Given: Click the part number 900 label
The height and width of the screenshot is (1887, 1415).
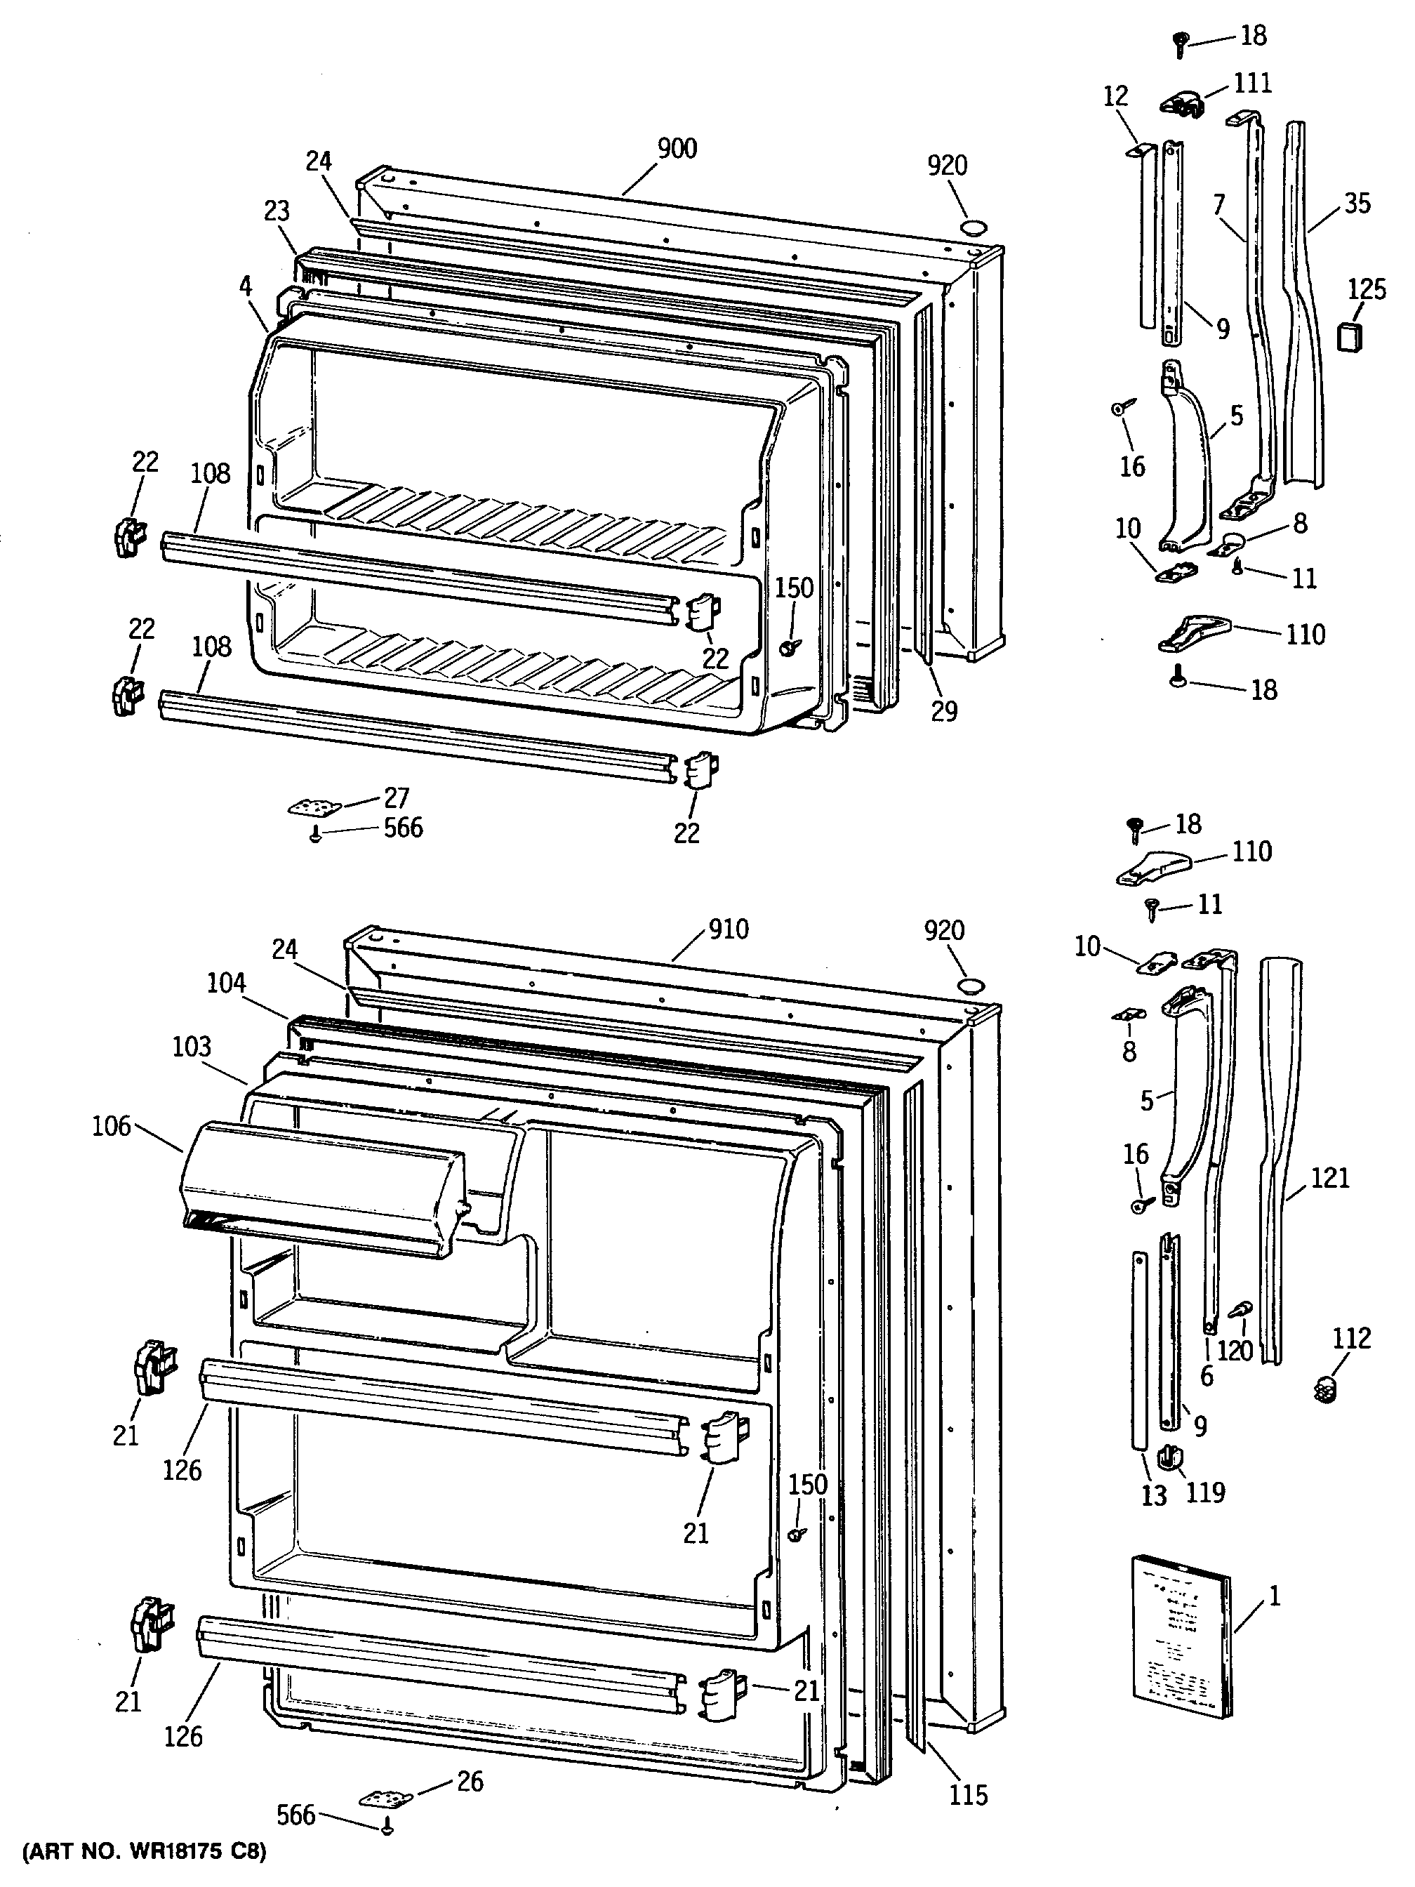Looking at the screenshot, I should (x=677, y=148).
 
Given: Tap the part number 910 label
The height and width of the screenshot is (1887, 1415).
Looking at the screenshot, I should (x=728, y=929).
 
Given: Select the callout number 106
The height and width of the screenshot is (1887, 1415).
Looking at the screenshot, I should (x=112, y=1126).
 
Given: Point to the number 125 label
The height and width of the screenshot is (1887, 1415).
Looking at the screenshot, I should (x=1367, y=289).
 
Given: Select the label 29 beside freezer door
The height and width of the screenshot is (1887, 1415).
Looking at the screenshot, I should (x=943, y=710).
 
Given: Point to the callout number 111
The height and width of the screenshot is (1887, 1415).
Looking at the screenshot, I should (x=1252, y=83).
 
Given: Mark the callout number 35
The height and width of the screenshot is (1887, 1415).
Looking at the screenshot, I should (x=1356, y=203).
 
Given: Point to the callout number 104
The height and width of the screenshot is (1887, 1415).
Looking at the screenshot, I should (x=226, y=983).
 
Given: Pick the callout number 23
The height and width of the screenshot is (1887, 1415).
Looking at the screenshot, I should (x=277, y=211).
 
